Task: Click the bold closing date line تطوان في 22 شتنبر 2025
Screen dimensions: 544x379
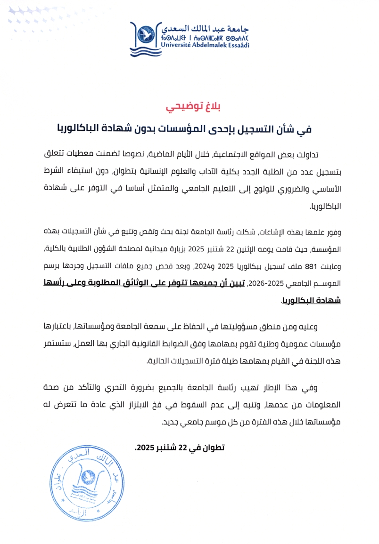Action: coord(180,448)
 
